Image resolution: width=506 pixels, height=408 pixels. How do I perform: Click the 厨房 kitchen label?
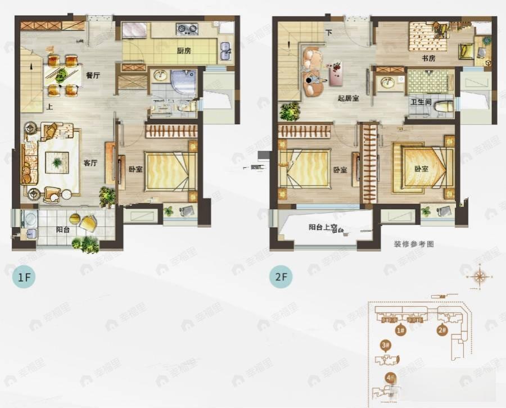point(184,51)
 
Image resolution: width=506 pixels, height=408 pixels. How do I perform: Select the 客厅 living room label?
point(91,163)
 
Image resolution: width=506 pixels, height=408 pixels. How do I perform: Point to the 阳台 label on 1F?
point(63,229)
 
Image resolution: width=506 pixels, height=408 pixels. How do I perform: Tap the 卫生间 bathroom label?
point(421,102)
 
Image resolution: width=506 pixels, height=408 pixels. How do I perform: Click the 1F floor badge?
point(23,277)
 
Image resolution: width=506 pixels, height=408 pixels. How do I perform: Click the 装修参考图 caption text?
point(414,244)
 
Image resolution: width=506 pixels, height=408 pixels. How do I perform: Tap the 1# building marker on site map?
point(401,330)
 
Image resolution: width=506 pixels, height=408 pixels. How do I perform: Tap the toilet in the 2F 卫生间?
point(444,107)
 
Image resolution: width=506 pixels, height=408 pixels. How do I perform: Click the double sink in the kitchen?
point(225,51)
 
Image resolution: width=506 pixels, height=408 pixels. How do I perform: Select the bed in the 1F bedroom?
point(168,171)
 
